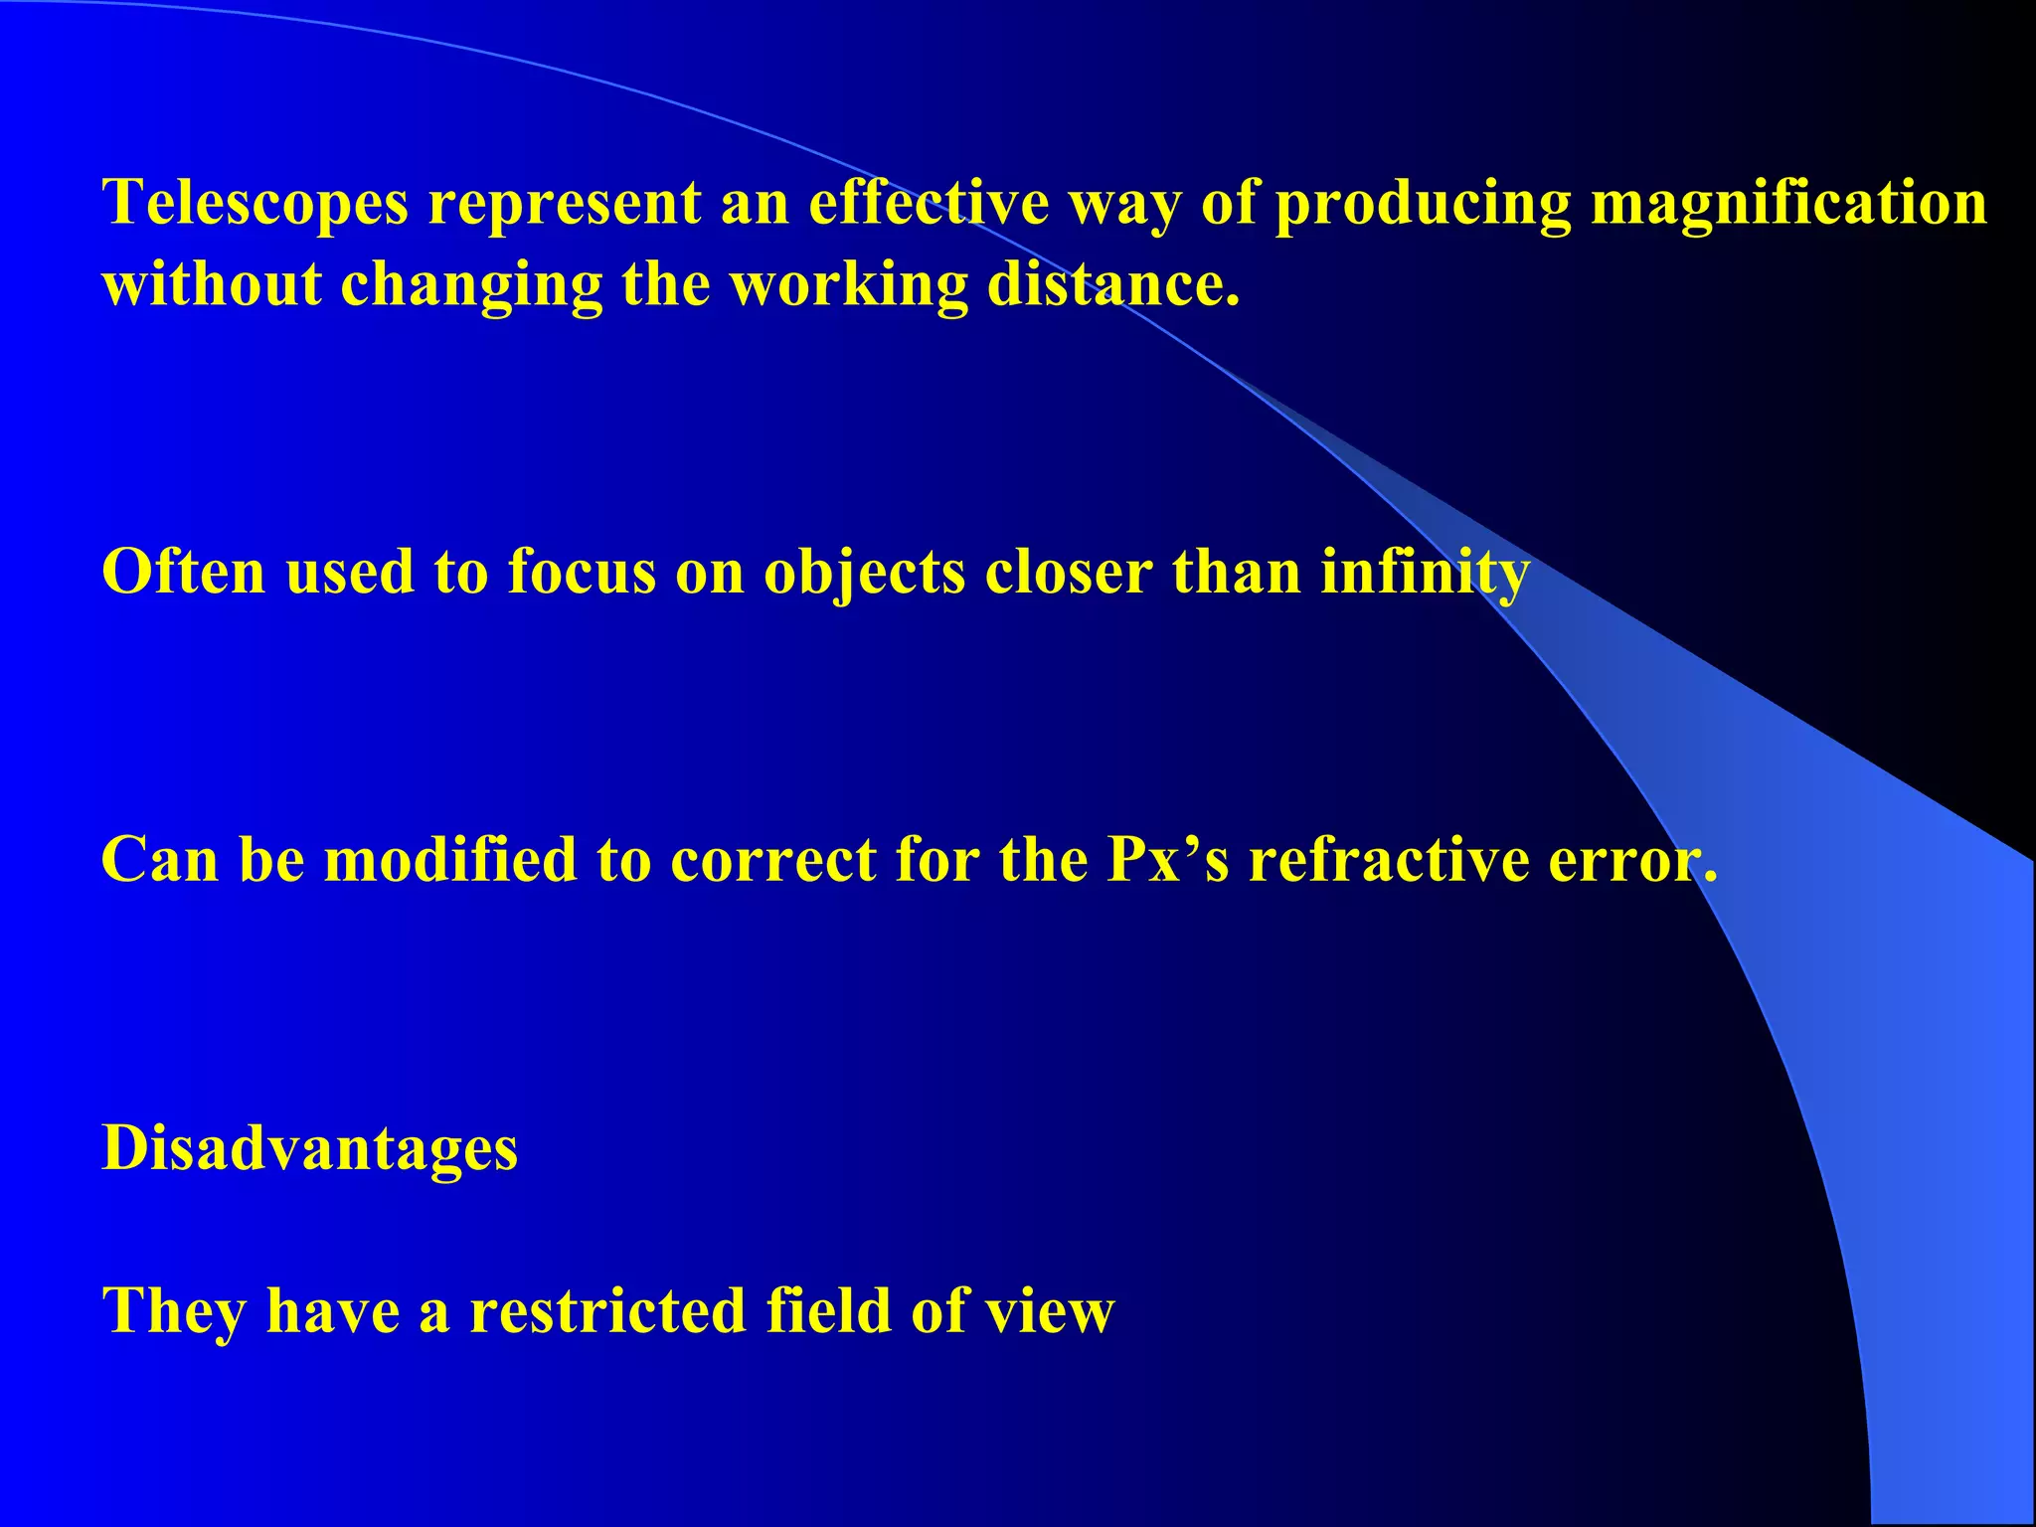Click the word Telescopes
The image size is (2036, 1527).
coord(255,204)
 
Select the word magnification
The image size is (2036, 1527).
coord(1788,204)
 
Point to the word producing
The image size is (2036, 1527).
coord(1423,204)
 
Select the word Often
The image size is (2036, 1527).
coord(184,573)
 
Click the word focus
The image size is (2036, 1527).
coord(582,573)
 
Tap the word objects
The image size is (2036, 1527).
coord(864,573)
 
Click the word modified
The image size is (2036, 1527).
coord(450,860)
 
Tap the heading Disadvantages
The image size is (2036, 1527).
coord(310,1148)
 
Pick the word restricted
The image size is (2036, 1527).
coord(607,1311)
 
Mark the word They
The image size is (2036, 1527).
coord(174,1311)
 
